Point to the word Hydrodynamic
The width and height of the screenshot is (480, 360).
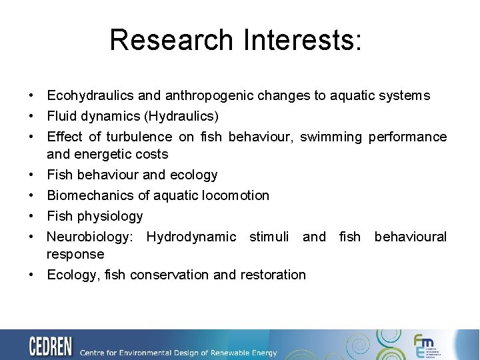tap(191, 237)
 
